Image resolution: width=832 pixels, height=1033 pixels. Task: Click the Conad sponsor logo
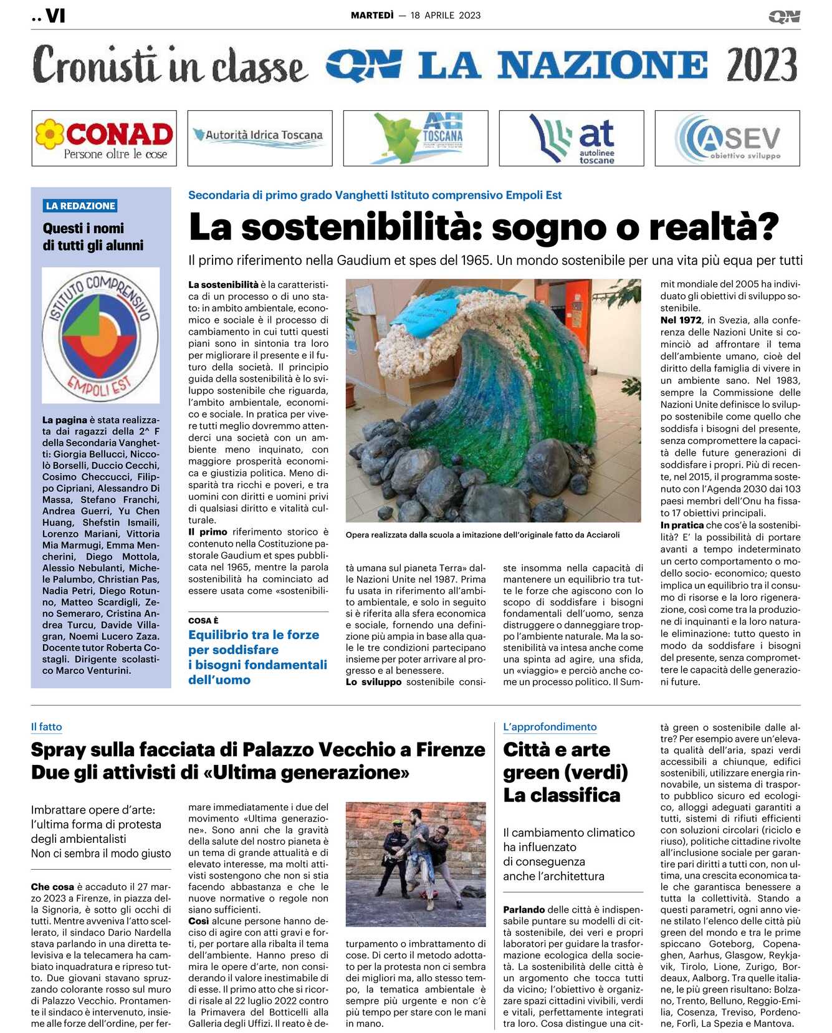pos(104,138)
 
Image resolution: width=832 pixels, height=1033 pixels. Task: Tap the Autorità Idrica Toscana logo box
pos(260,138)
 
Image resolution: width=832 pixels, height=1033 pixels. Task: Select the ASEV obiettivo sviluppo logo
pos(727,138)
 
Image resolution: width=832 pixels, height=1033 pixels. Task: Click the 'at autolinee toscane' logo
pos(571,138)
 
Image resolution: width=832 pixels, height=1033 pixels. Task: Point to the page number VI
pos(55,16)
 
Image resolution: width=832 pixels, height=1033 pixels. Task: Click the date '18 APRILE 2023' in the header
pos(446,16)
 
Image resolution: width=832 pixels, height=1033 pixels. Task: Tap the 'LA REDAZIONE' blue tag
pos(80,206)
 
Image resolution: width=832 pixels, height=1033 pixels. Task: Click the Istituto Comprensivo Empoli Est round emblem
pos(100,335)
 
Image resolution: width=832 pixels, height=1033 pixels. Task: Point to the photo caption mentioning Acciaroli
pos(483,535)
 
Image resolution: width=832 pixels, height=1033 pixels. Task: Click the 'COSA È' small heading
pos(203,620)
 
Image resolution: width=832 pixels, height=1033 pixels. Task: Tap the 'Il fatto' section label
pos(46,727)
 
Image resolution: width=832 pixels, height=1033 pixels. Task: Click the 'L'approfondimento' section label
pos(550,727)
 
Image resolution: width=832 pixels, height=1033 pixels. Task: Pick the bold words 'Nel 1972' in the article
pos(681,320)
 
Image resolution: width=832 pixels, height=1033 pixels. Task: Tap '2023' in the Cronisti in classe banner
pos(762,65)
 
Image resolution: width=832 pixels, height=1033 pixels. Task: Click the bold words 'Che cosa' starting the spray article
pos(52,886)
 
